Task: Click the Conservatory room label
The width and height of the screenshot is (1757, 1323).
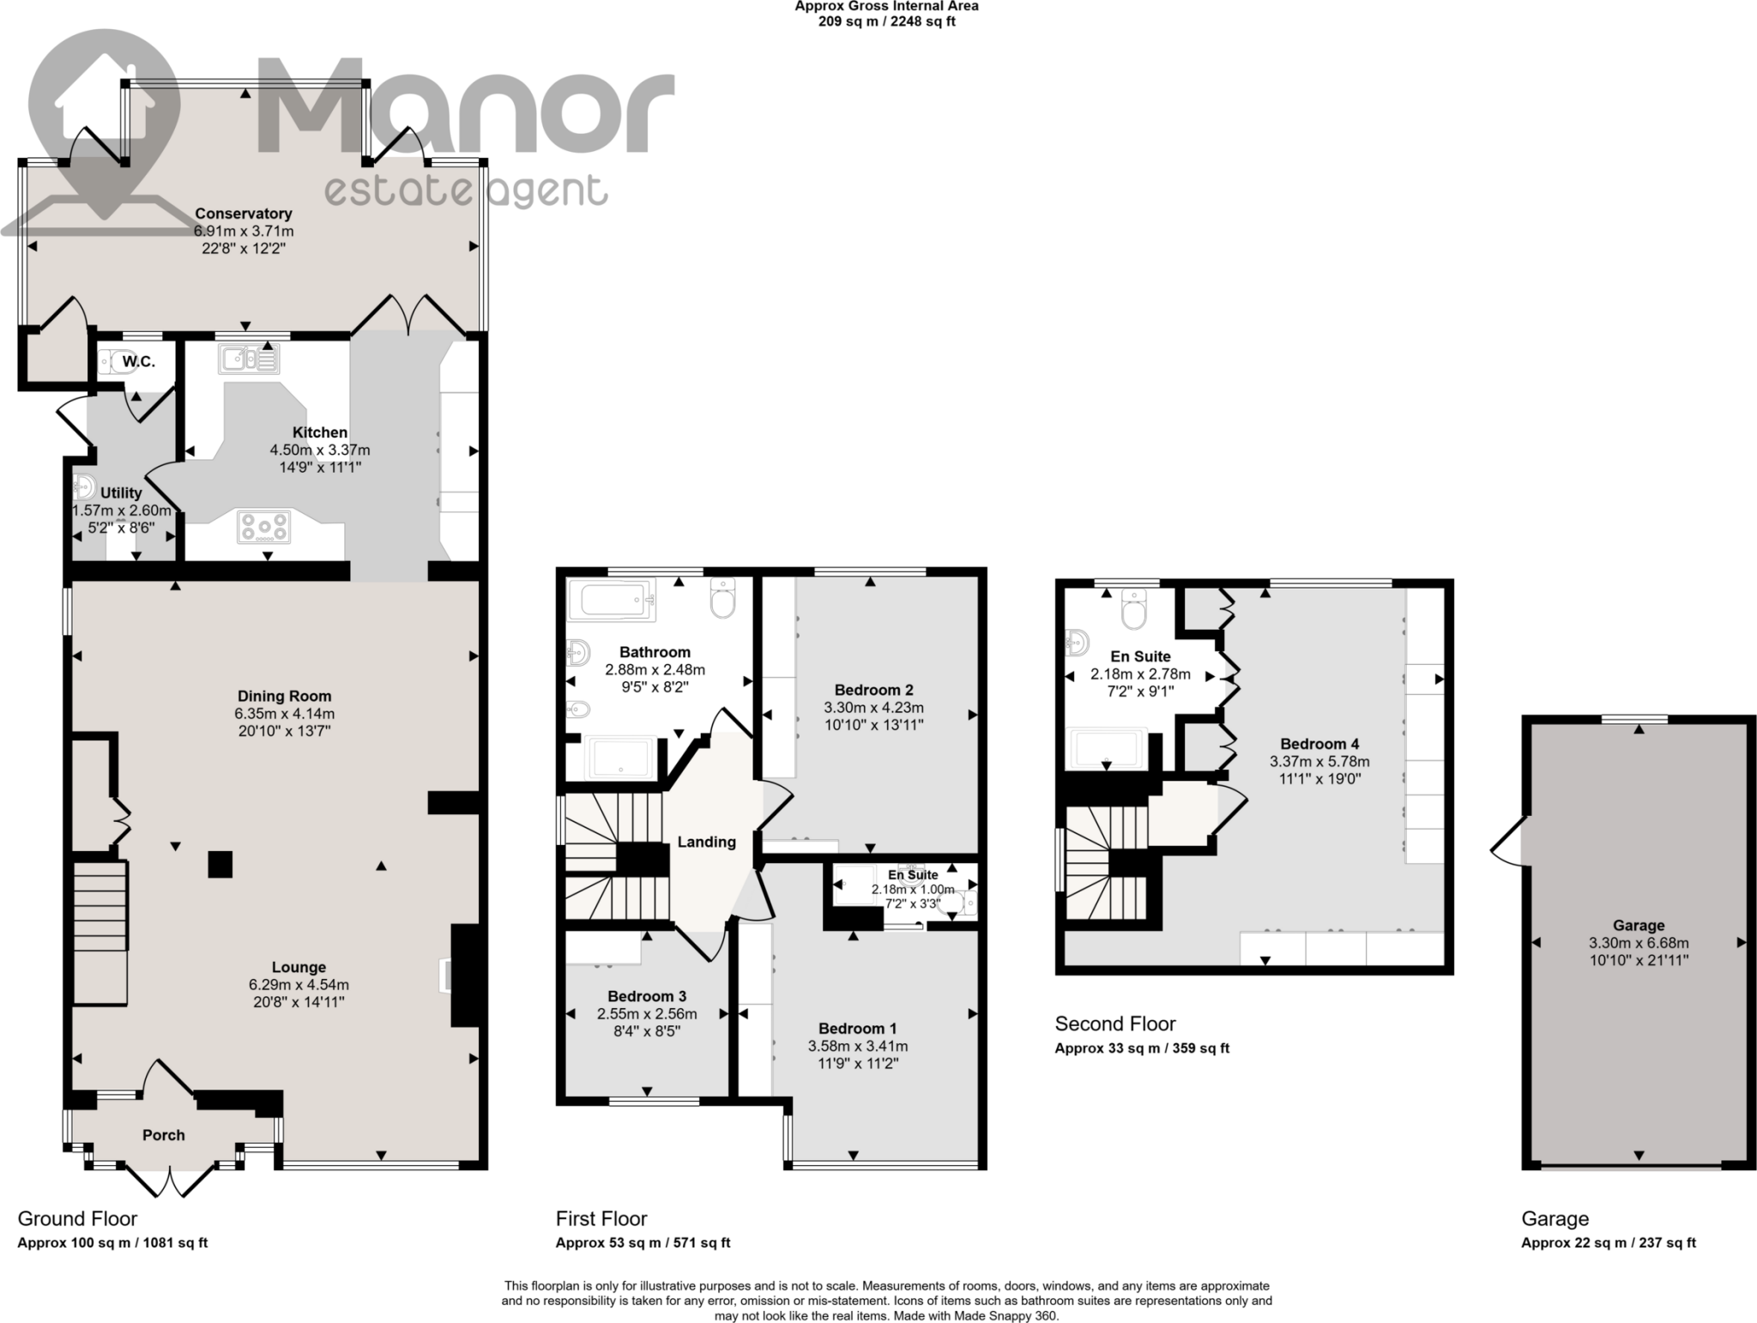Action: click(243, 214)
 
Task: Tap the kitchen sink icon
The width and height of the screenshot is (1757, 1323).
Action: click(248, 359)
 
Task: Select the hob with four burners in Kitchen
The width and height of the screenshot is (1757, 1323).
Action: click(264, 527)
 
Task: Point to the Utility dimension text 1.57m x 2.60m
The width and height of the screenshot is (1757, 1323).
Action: click(121, 510)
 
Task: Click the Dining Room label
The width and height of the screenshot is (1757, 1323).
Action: click(284, 696)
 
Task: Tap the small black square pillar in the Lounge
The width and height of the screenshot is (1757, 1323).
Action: click(220, 864)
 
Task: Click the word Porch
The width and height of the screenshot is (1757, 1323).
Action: click(163, 1135)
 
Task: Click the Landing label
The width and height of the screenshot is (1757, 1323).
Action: click(706, 842)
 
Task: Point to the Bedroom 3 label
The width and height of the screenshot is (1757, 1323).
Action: click(646, 996)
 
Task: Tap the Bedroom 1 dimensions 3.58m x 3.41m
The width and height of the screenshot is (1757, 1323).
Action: click(857, 1046)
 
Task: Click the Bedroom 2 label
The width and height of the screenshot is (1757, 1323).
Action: click(873, 690)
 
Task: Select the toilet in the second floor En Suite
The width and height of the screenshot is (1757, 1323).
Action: click(1133, 610)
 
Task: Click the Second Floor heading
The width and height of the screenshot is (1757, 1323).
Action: click(1114, 1024)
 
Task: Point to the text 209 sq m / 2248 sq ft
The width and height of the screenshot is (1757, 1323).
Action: click(886, 21)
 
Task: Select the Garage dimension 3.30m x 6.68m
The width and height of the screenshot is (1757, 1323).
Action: click(1638, 943)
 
